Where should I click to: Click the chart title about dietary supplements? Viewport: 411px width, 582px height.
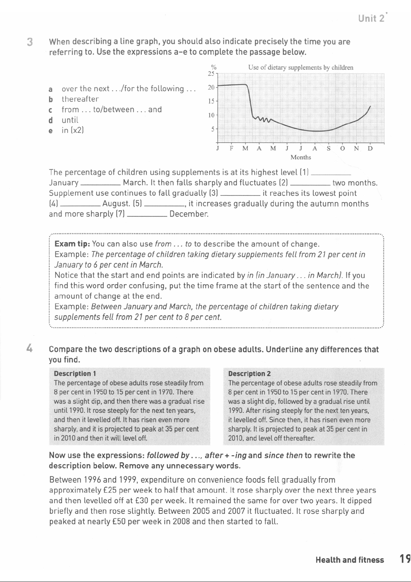point(301,68)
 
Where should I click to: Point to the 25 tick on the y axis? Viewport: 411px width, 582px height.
point(211,74)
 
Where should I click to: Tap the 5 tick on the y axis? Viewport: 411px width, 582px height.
point(213,129)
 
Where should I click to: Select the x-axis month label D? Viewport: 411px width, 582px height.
point(370,149)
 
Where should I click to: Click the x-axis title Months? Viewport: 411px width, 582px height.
point(301,158)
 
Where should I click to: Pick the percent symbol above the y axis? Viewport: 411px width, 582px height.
point(214,67)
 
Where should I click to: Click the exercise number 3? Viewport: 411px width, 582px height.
point(30,42)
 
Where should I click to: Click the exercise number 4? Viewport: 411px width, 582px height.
point(30,349)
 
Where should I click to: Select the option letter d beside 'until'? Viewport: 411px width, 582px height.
point(51,120)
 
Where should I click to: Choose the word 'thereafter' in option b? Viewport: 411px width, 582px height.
point(80,99)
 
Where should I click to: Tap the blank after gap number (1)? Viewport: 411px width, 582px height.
point(331,173)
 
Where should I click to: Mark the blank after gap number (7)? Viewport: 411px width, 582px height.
point(148,214)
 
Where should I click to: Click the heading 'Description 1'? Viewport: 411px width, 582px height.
point(75,374)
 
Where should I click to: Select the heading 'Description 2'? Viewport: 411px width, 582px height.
point(249,374)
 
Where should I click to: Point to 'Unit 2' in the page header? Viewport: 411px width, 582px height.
point(372,19)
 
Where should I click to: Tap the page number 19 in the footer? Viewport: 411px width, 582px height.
point(405,559)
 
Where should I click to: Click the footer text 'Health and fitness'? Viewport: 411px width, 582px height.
point(350,560)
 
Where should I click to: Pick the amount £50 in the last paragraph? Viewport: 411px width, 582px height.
point(119,522)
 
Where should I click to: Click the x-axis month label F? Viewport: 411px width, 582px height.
point(231,149)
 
